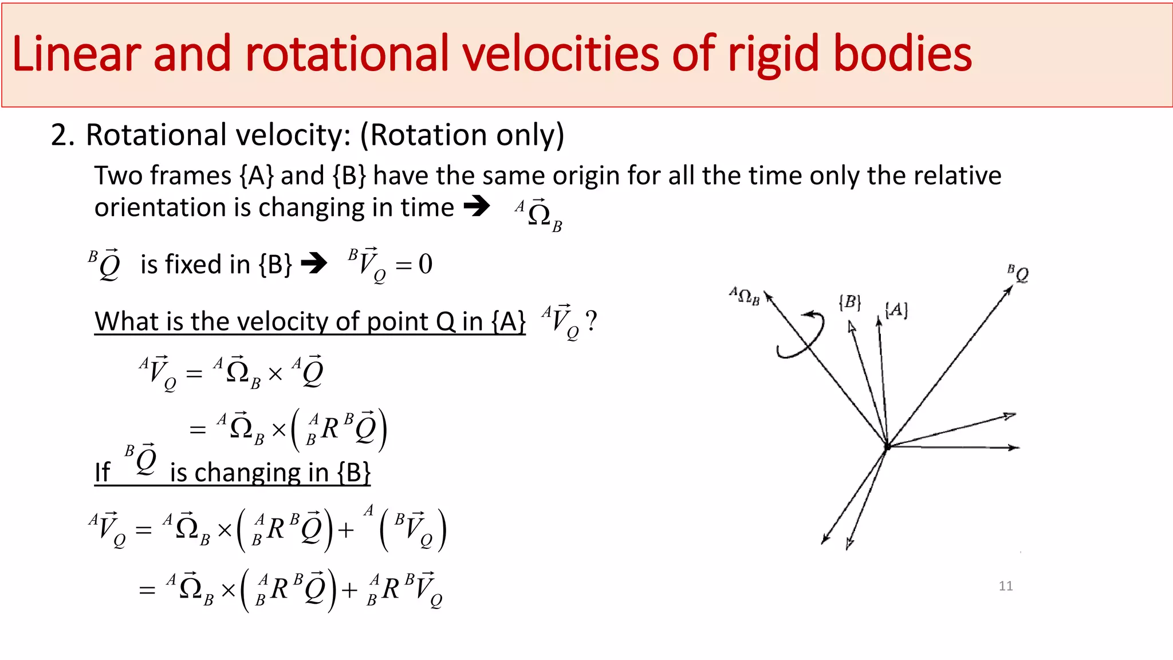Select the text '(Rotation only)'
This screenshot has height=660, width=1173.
click(x=462, y=136)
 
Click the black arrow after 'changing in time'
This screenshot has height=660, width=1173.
click(x=477, y=206)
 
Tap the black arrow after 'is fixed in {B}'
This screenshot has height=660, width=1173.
click(x=314, y=264)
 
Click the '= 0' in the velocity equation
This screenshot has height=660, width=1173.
click(x=414, y=264)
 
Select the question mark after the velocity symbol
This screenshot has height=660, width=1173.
click(x=592, y=320)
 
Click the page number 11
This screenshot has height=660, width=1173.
click(x=1005, y=586)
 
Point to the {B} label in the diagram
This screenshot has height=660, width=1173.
click(x=849, y=302)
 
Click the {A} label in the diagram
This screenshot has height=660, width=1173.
click(x=896, y=310)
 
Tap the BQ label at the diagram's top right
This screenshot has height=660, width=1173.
click(x=1018, y=273)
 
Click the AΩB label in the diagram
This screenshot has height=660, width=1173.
click(x=744, y=296)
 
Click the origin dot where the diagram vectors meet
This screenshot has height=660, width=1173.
click(x=887, y=446)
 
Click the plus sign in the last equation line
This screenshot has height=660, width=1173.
click(x=349, y=590)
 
